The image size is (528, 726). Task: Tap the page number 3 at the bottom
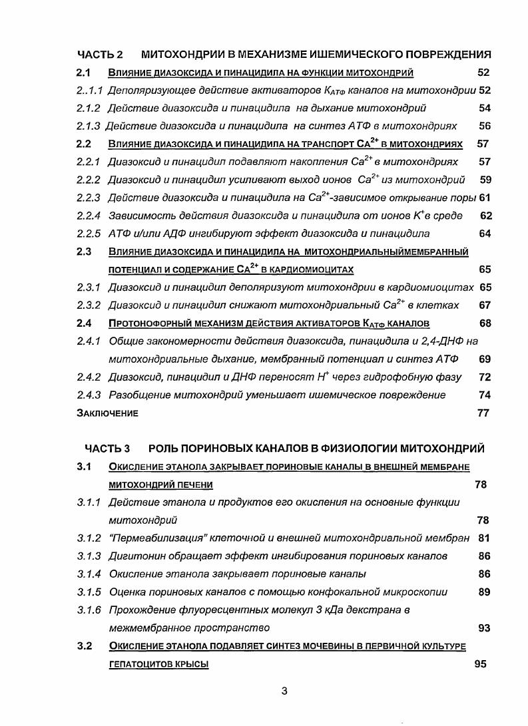point(284,691)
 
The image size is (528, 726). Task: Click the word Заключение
point(107,413)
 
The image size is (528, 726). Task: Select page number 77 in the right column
point(483,413)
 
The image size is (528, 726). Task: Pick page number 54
point(484,108)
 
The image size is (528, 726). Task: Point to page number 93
point(484,628)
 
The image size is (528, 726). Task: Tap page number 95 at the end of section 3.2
point(480,664)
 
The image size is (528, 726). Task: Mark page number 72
point(484,377)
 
